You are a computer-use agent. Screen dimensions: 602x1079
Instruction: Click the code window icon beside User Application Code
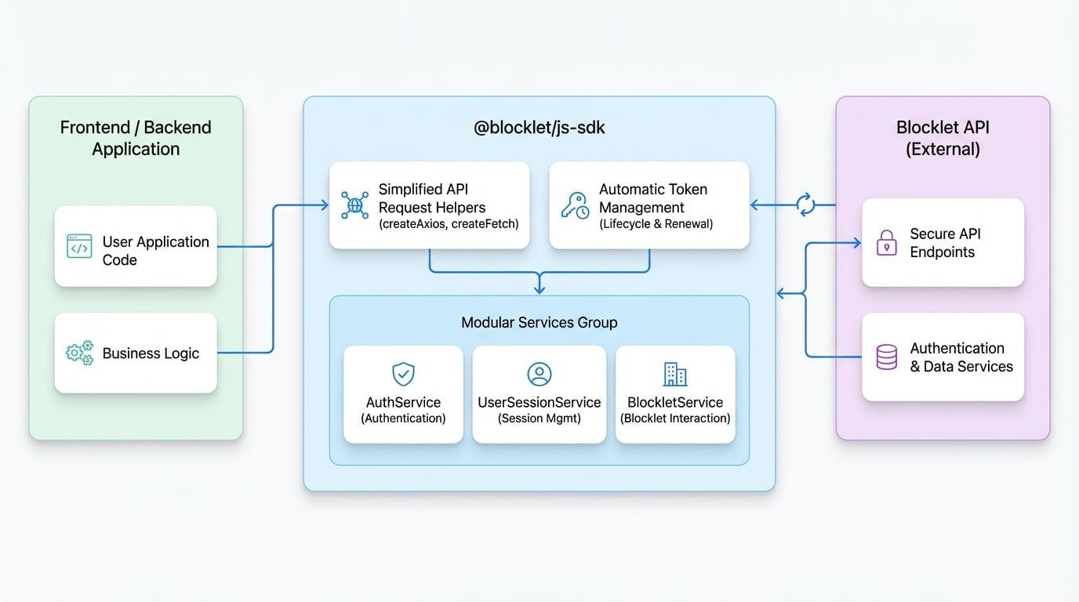[x=79, y=246]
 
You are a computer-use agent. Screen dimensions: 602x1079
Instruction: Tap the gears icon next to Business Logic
[x=79, y=354]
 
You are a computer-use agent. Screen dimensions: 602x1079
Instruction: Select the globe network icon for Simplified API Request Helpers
[x=355, y=205]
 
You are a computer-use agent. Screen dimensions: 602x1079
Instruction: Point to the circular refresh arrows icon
[x=805, y=205]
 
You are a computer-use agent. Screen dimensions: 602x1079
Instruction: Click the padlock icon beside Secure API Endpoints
[x=886, y=243]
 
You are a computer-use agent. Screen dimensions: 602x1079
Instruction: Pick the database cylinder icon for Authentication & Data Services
[x=886, y=357]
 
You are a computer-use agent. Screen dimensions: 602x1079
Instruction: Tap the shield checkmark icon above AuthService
[x=403, y=374]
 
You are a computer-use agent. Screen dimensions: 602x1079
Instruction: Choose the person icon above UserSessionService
[x=539, y=374]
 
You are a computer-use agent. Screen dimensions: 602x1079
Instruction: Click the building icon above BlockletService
[x=675, y=374]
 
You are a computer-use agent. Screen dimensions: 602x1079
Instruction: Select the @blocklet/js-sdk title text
[x=539, y=127]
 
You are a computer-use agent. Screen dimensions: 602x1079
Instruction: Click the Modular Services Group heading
[x=539, y=322]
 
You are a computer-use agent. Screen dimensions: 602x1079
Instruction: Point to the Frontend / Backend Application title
[x=136, y=138]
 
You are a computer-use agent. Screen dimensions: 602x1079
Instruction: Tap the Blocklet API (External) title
[x=943, y=138]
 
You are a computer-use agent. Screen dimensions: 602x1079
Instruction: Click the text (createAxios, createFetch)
[x=449, y=224]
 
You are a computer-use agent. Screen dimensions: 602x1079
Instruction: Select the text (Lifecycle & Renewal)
[x=656, y=224]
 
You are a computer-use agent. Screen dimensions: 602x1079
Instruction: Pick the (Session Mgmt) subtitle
[x=539, y=419]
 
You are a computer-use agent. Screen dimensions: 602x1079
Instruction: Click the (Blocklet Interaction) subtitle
[x=675, y=419]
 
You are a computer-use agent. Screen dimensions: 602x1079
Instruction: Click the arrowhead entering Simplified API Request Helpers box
[x=325, y=205]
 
